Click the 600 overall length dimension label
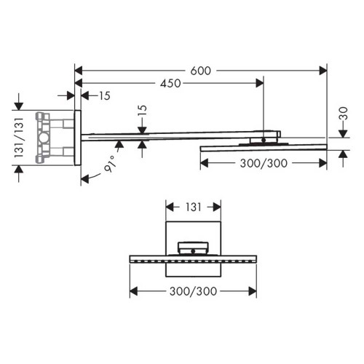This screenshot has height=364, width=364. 202,71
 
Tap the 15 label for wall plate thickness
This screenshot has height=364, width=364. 106,95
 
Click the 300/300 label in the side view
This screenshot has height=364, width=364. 263,164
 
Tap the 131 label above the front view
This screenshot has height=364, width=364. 192,207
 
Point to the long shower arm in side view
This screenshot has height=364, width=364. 167,136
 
